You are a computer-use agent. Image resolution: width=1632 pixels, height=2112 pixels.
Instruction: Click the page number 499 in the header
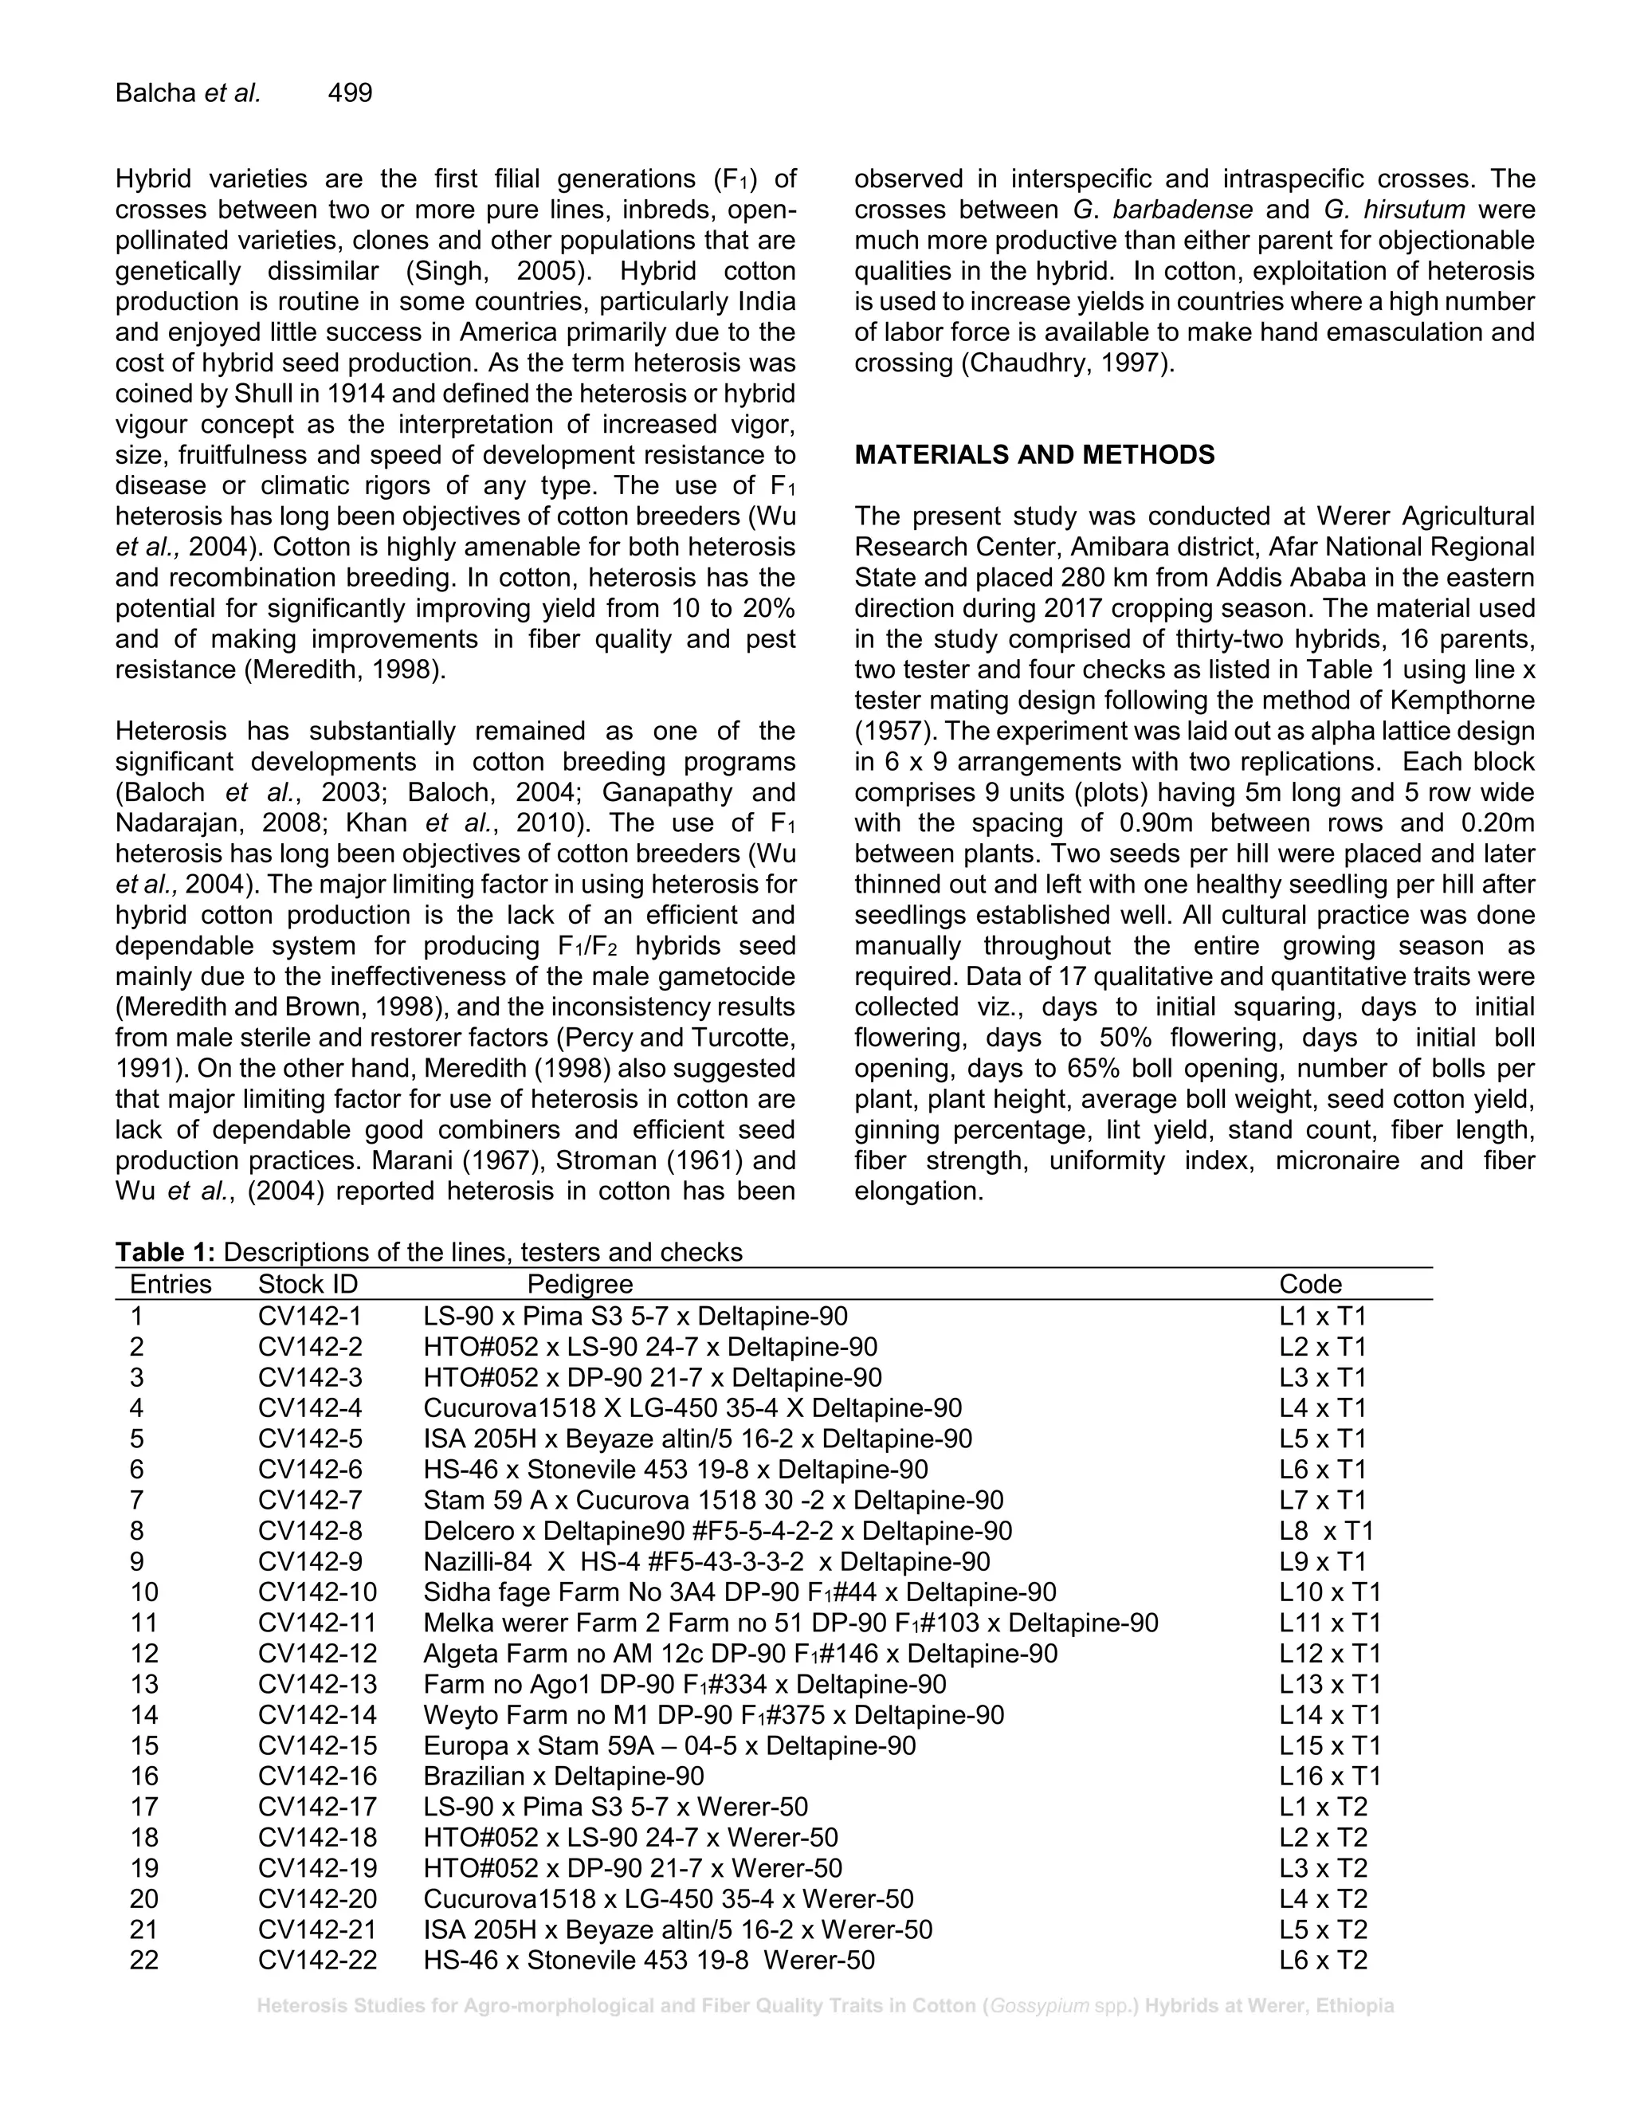click(350, 92)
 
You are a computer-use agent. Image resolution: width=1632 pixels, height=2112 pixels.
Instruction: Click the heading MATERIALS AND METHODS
click(1034, 454)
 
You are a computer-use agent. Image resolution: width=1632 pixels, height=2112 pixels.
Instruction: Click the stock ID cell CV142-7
click(310, 1500)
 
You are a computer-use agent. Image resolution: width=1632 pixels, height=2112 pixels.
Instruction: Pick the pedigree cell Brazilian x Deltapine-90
click(563, 1776)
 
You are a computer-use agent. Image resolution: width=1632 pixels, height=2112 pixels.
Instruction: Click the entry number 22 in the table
click(144, 1961)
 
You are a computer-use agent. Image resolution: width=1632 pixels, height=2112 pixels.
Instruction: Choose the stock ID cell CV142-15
click(317, 1745)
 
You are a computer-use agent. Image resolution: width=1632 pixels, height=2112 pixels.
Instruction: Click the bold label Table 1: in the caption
click(165, 1252)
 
